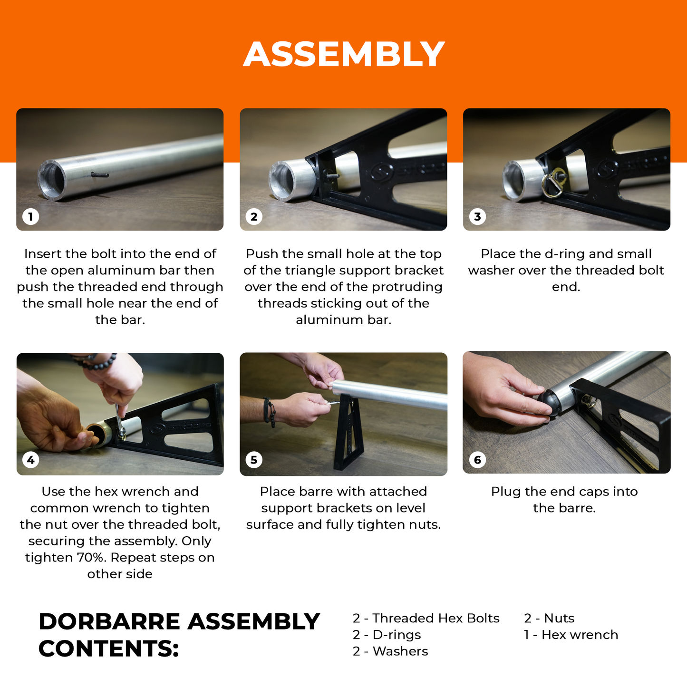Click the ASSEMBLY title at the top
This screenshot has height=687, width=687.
(344, 54)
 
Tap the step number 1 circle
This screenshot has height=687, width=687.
(30, 216)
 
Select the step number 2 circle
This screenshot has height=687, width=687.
(254, 216)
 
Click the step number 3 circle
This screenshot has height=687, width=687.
(477, 216)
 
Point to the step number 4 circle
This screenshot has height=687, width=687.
(30, 460)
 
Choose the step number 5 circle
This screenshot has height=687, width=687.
(254, 460)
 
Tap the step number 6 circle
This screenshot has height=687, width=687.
(477, 460)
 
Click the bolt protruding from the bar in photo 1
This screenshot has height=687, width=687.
(100, 174)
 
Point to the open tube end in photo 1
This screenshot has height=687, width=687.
(52, 180)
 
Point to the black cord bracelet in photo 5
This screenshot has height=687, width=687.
(270, 412)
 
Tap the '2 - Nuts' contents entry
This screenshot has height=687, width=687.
(549, 618)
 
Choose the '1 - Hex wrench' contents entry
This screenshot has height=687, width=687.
(571, 635)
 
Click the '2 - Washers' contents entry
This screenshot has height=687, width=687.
(390, 651)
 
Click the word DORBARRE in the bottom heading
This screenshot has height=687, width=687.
(109, 622)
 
